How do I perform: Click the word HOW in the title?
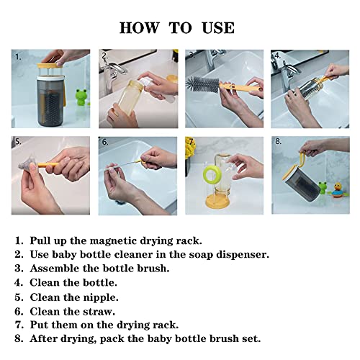139,27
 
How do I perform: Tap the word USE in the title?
218,27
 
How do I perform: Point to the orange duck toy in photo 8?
338,190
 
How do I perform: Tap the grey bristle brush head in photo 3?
202,86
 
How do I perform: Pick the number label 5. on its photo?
18,142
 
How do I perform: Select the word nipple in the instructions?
101,298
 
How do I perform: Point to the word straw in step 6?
99,312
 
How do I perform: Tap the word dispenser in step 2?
243,255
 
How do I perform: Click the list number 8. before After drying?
19,339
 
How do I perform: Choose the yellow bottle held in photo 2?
127,97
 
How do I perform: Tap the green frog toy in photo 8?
323,188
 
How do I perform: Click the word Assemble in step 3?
55,269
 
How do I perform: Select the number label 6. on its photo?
105,142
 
